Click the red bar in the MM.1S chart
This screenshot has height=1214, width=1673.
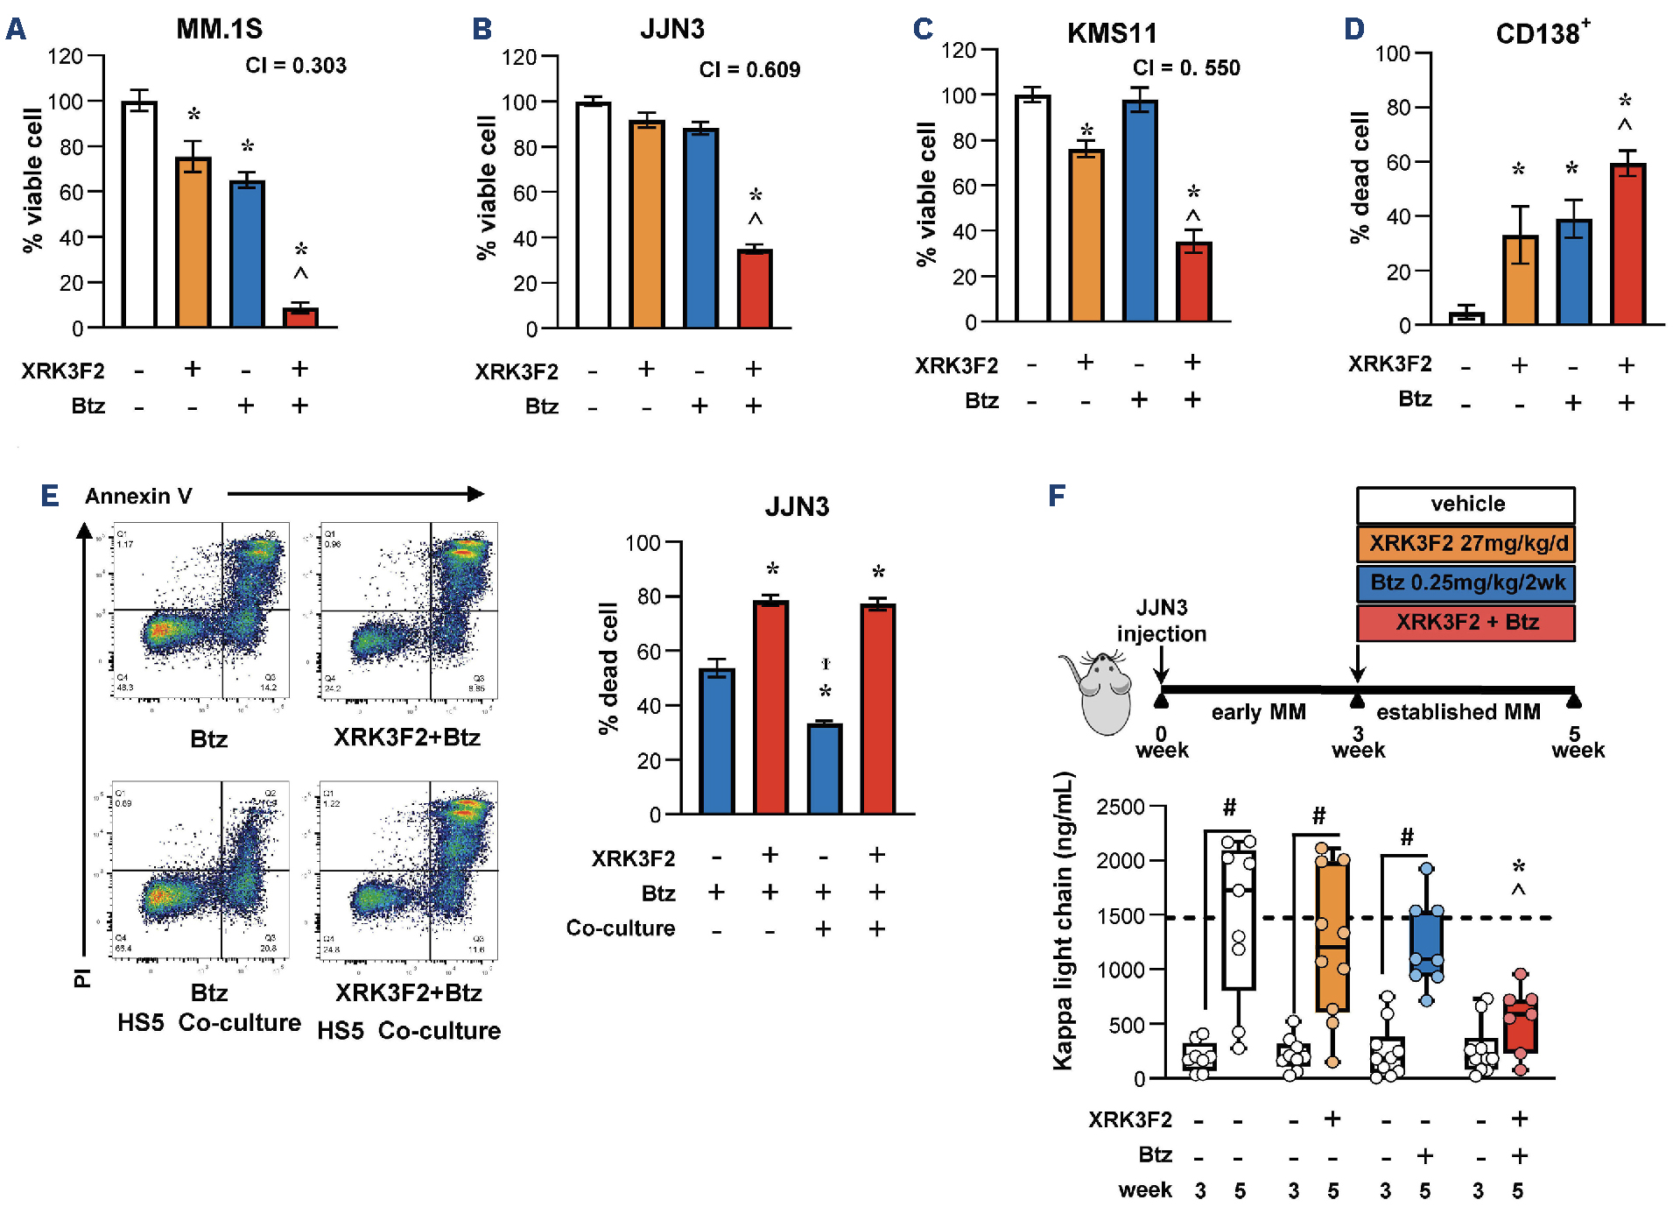click(300, 317)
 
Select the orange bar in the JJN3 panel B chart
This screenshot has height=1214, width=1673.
click(647, 223)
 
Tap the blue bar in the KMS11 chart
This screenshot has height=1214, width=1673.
click(1139, 210)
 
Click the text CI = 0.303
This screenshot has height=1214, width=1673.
click(296, 66)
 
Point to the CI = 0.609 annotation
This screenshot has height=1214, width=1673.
click(749, 70)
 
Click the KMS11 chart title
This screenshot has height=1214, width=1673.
click(1111, 33)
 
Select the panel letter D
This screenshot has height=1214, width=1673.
click(1354, 29)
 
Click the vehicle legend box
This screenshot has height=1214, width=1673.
click(1466, 505)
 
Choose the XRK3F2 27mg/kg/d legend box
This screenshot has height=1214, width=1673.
click(1466, 543)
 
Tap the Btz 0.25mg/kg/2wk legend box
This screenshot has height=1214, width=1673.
click(1466, 582)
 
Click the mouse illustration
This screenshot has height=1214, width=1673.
click(1099, 692)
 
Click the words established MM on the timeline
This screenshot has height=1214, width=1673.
click(1458, 712)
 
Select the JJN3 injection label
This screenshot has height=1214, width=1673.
click(1162, 620)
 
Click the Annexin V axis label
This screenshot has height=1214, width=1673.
click(138, 497)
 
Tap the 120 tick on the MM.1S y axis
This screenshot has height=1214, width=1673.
click(65, 57)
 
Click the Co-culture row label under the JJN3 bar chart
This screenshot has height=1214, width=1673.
click(621, 928)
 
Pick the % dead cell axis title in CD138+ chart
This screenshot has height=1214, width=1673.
click(1359, 178)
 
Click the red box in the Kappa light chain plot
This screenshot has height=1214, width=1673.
click(1521, 1025)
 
